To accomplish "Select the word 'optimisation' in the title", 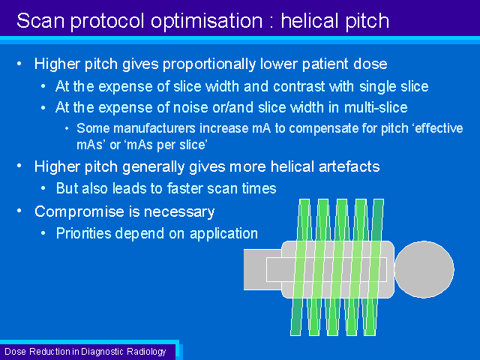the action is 207,22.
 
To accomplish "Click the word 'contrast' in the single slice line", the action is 298,86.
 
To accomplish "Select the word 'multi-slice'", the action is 376,107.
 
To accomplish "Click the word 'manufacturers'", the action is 154,128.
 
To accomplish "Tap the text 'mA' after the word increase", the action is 262,128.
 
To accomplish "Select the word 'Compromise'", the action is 84,212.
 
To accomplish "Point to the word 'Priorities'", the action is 84,233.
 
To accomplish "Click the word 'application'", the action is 223,234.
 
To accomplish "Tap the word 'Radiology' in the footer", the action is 146,352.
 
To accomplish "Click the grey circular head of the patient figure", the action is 424,269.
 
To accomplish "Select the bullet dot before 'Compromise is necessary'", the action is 19,211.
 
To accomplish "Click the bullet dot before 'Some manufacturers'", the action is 67,129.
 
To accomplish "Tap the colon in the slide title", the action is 271,22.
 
